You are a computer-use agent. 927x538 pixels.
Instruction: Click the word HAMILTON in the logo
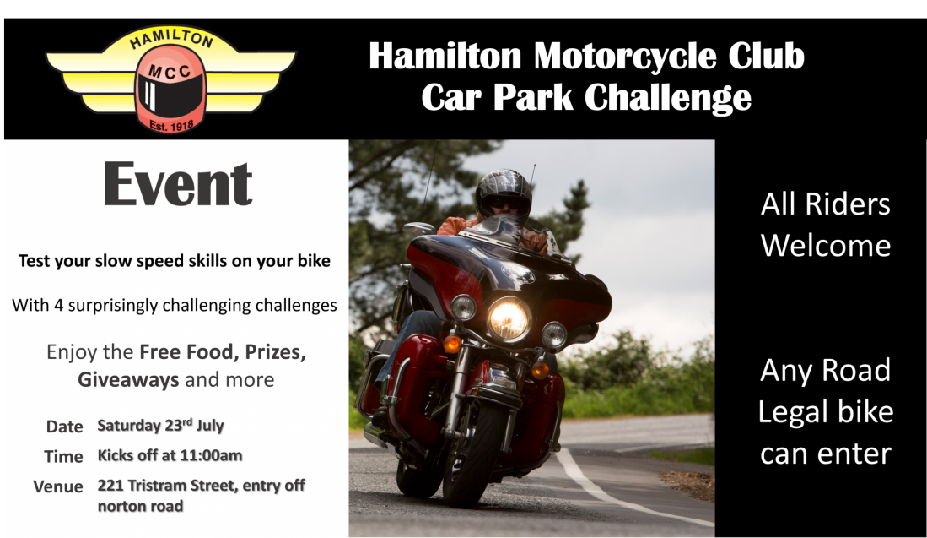[171, 39]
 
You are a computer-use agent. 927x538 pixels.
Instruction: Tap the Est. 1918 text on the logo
[171, 126]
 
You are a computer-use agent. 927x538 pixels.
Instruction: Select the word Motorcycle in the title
[625, 57]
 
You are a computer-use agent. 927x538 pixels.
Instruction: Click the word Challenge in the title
[668, 97]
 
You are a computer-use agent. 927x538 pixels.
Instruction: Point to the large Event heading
[178, 184]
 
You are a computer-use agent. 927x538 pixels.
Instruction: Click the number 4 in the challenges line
[58, 306]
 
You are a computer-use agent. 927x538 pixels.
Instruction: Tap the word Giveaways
[128, 379]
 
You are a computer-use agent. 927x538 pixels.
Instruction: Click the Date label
[64, 427]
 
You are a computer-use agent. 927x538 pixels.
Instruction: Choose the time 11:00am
[211, 455]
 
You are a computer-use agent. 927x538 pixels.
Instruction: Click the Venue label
[58, 486]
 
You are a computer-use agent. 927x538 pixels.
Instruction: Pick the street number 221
[110, 486]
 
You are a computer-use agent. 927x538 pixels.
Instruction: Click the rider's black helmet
[504, 194]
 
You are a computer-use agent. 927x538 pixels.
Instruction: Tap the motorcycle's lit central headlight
[509, 319]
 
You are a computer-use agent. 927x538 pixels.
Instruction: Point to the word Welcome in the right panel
[826, 245]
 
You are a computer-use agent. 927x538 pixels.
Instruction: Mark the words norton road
[140, 507]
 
